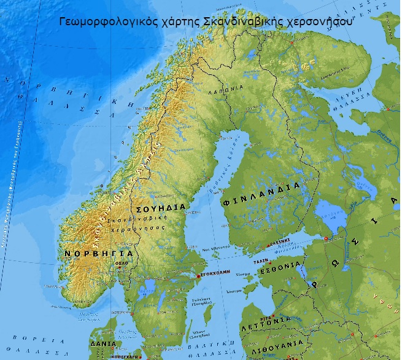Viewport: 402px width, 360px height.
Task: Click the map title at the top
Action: [206, 20]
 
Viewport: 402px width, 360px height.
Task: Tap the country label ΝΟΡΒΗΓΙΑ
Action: [98, 253]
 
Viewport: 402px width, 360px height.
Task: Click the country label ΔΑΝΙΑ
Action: [102, 344]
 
